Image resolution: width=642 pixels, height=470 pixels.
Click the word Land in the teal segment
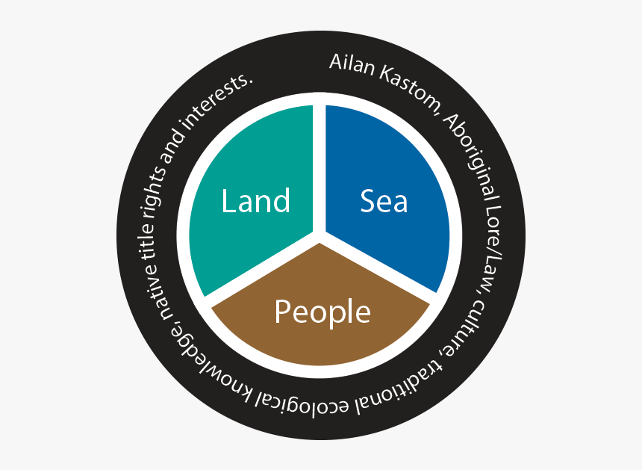tap(256, 201)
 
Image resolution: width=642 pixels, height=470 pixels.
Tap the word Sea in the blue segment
tap(384, 201)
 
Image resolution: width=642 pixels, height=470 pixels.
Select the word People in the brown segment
tap(322, 312)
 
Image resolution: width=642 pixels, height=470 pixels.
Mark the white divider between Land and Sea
tap(320, 168)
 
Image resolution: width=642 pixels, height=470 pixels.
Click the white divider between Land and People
tap(261, 268)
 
